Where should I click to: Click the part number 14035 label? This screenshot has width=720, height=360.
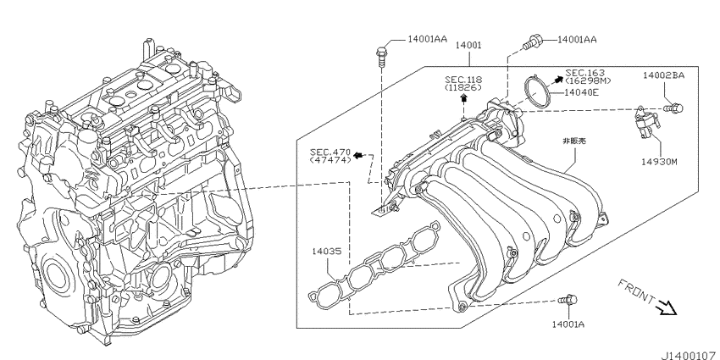[x=326, y=252]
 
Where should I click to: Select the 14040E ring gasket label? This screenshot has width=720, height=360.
[x=581, y=92]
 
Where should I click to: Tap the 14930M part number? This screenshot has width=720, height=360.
[x=660, y=162]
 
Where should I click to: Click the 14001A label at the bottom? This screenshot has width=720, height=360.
[x=568, y=324]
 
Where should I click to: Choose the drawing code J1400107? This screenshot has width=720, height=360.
[x=690, y=355]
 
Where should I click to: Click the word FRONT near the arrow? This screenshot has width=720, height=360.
[x=635, y=292]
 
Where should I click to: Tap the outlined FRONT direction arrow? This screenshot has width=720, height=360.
[x=667, y=307]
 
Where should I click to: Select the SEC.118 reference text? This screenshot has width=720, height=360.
[x=463, y=80]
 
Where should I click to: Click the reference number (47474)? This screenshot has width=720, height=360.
[x=330, y=159]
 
